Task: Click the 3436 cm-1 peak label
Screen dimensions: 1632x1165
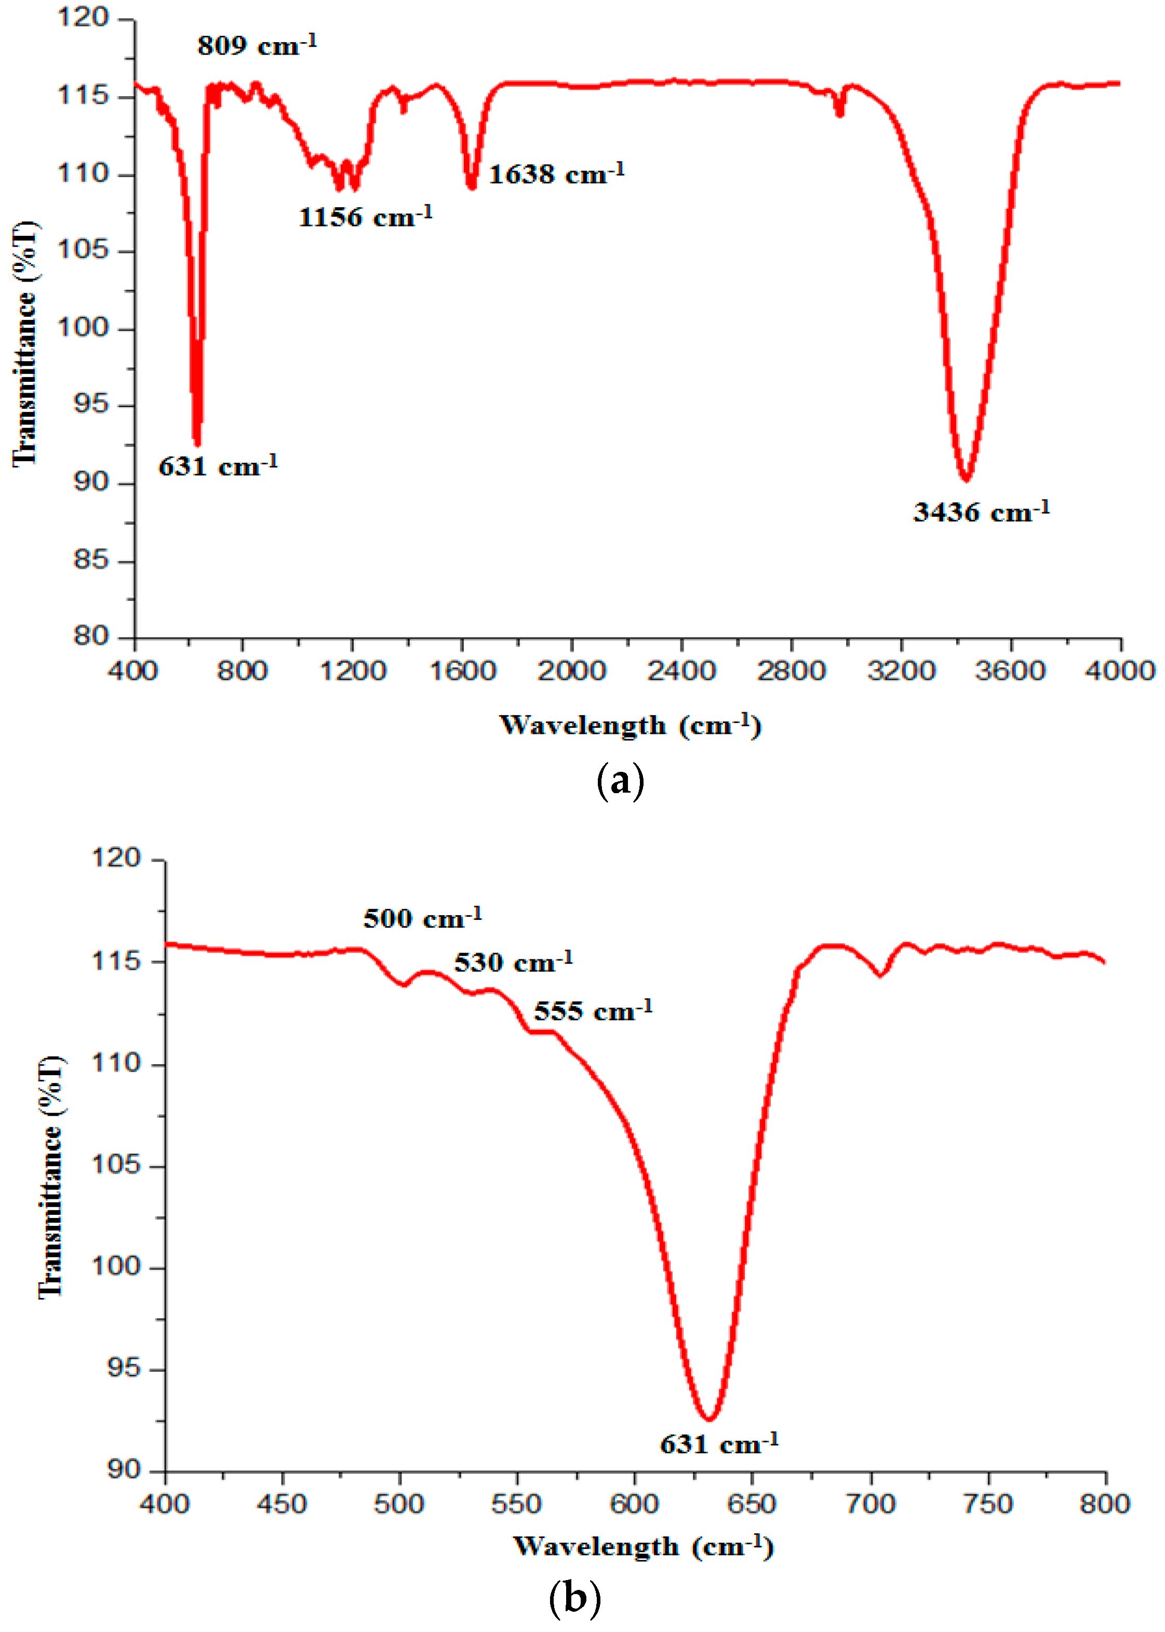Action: click(981, 512)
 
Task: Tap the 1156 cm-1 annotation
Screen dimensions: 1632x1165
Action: click(365, 216)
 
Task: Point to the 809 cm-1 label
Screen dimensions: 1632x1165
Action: click(257, 45)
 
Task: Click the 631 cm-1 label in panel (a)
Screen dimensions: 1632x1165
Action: click(217, 466)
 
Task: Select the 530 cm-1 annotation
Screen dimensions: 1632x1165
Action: click(513, 962)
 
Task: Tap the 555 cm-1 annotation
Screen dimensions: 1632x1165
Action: click(593, 1011)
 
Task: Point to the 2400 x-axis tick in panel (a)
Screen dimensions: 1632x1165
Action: click(681, 671)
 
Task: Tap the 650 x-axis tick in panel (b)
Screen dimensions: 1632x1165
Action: click(752, 1504)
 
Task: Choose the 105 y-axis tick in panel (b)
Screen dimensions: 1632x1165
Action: click(116, 1165)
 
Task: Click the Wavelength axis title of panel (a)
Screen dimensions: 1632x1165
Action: click(630, 725)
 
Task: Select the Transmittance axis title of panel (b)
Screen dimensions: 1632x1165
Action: click(50, 1176)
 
